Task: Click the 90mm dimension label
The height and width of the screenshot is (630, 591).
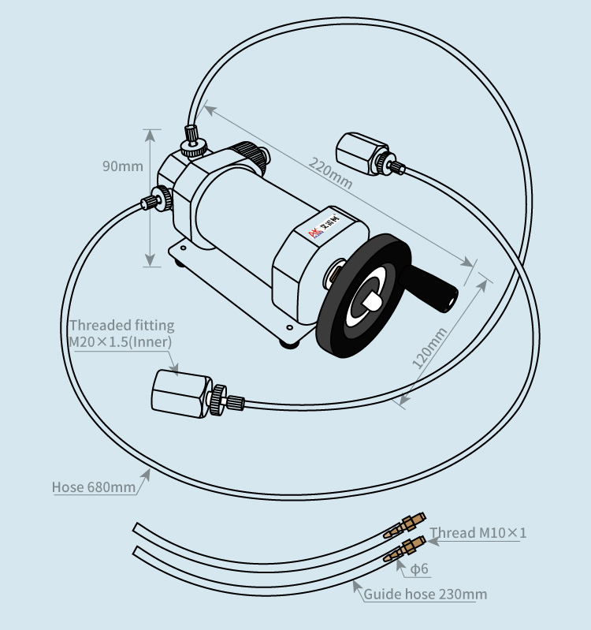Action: click(x=122, y=166)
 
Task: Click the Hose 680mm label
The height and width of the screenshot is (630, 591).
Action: click(x=93, y=486)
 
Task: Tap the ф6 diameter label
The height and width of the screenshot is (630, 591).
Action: click(x=418, y=568)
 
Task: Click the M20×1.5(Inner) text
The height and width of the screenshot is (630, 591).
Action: click(x=120, y=341)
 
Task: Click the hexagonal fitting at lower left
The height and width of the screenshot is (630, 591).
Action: click(x=180, y=393)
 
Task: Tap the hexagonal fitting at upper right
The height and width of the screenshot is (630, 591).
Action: click(x=362, y=151)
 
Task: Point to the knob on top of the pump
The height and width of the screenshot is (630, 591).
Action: click(x=194, y=145)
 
